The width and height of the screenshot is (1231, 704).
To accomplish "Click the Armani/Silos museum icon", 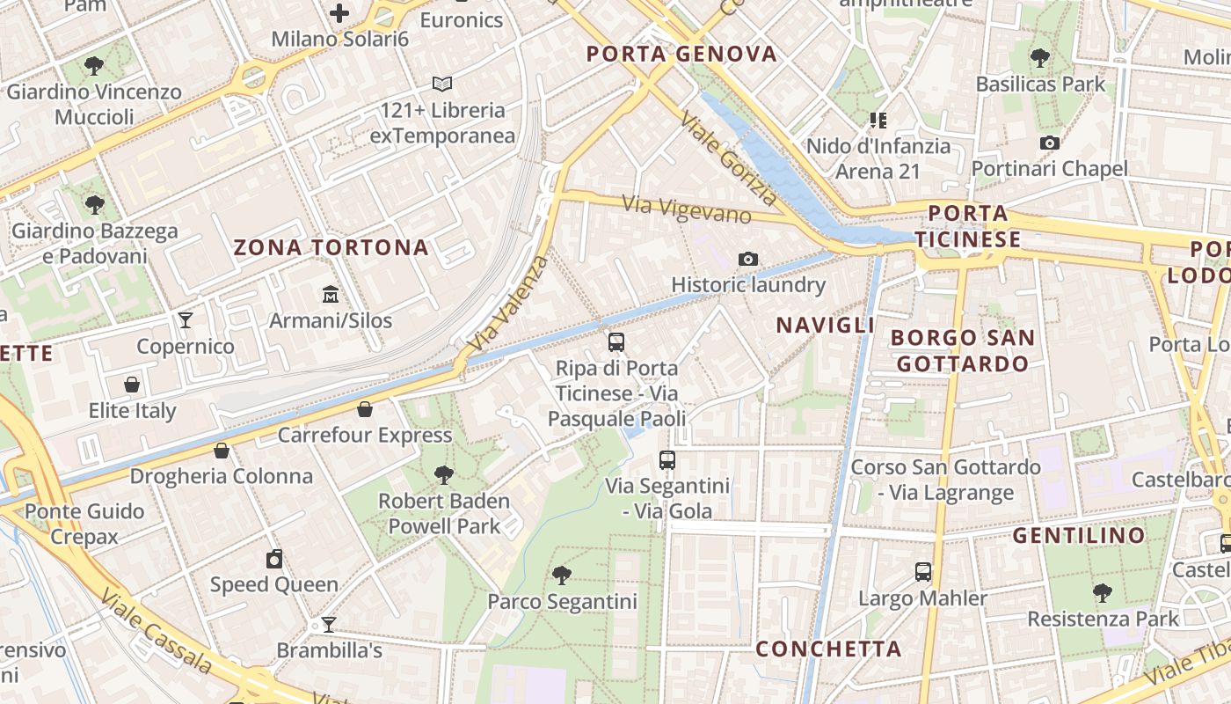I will point(330,293).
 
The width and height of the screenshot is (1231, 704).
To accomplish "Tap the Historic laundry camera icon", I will point(748,259).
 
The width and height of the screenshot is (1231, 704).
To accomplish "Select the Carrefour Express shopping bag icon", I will point(365,409).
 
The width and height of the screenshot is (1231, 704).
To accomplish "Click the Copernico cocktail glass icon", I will point(186,319).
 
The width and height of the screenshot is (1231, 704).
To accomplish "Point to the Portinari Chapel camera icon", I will point(1049,143).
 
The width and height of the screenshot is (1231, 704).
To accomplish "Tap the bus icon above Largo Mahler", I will point(922,572).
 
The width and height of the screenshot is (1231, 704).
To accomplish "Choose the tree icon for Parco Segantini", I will point(561,576).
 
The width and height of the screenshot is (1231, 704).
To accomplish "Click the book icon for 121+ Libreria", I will point(442,84).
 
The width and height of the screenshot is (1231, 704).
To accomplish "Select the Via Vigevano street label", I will point(687,209).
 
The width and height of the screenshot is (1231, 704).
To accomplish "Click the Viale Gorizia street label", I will point(729,161).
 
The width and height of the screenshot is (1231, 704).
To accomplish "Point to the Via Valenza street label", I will point(509,304).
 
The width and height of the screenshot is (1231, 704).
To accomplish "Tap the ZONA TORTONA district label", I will point(331,247).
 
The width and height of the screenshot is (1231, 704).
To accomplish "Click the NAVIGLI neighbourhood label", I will point(825,325).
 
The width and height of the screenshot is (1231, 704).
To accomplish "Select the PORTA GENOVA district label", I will point(682,55).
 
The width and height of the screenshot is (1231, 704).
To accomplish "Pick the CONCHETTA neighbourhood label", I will point(829,649).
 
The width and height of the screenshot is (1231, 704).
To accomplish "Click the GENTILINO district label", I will point(1079,535).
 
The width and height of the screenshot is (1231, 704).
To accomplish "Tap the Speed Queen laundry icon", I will point(274,559).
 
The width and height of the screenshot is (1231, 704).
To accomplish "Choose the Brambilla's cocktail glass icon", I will point(329,625).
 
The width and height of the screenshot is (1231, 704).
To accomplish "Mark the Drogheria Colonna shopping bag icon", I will point(222,451).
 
